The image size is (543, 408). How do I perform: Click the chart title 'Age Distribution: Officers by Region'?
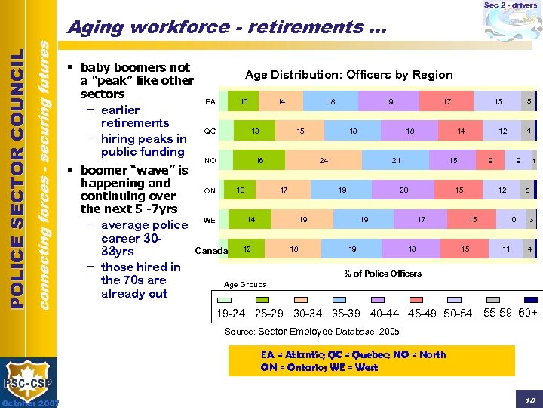pyautogui.click(x=349, y=74)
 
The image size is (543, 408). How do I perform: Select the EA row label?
pyautogui.click(x=210, y=101)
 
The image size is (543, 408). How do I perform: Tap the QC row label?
pyautogui.click(x=210, y=131)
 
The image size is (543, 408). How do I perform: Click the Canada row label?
pyautogui.click(x=211, y=250)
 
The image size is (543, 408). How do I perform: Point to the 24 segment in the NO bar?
pyautogui.click(x=324, y=161)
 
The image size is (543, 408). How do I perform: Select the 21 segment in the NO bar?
pyautogui.click(x=396, y=161)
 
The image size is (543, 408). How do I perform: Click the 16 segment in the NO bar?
pyautogui.click(x=259, y=161)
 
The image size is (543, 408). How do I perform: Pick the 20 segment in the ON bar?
pyautogui.click(x=404, y=190)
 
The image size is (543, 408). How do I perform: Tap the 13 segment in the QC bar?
pyautogui.click(x=256, y=131)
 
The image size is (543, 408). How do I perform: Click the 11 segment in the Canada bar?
pyautogui.click(x=506, y=249)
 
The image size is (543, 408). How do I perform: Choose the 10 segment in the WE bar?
pyautogui.click(x=512, y=220)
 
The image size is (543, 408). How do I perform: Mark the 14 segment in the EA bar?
pyautogui.click(x=281, y=101)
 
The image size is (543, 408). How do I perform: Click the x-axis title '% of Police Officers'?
pyautogui.click(x=382, y=274)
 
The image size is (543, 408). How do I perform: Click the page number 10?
pyautogui.click(x=529, y=399)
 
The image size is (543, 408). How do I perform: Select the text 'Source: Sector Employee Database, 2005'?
pyautogui.click(x=312, y=332)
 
